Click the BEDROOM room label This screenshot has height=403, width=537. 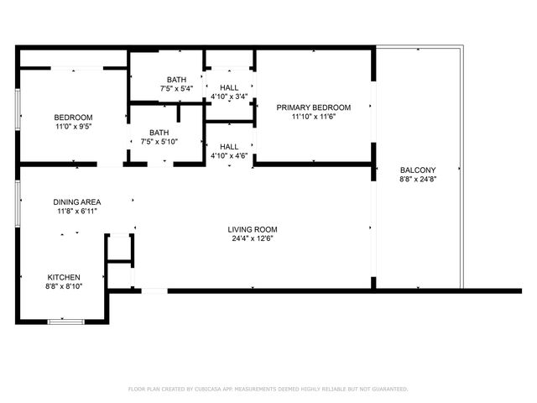click(x=73, y=117)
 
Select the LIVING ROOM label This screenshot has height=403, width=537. click(x=252, y=229)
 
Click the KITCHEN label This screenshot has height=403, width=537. click(x=63, y=277)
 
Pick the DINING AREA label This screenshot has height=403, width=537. click(x=77, y=201)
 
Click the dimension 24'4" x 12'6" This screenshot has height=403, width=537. click(x=252, y=238)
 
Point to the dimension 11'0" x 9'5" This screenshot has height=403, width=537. click(x=73, y=126)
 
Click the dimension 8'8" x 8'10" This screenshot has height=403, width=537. click(x=63, y=286)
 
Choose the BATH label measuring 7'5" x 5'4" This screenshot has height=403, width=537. click(x=176, y=79)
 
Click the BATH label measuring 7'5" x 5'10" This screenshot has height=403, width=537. click(x=159, y=132)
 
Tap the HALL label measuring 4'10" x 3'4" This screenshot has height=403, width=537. click(x=228, y=86)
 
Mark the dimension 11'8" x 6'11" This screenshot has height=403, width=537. click(x=77, y=211)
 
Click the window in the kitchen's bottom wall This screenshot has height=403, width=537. click(x=65, y=321)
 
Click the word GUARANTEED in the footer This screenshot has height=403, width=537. click(x=387, y=389)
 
